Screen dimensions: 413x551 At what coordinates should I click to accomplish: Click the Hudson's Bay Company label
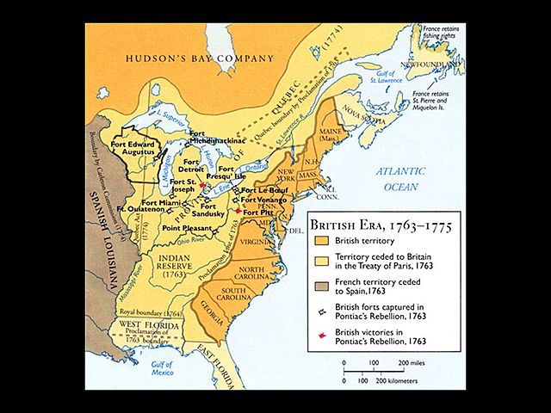point(200,59)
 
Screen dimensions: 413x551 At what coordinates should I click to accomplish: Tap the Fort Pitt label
point(256,211)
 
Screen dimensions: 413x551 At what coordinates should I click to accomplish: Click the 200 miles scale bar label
point(412,364)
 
